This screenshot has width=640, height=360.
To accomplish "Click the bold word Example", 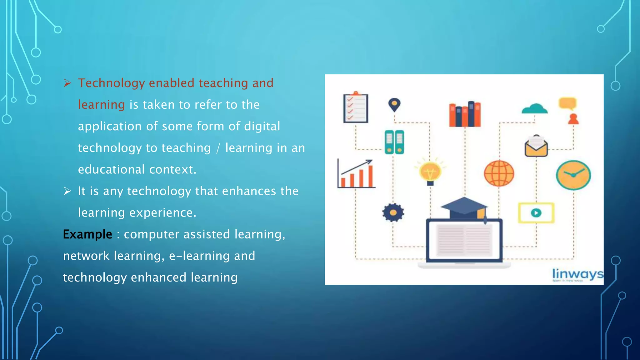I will pos(87,234).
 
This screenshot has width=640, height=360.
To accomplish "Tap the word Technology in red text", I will pos(111,83).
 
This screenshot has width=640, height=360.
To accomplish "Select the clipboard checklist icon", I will pos(356,108).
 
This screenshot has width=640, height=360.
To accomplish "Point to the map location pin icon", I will pos(394,105).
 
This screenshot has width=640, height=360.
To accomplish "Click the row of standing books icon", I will pos(465,114).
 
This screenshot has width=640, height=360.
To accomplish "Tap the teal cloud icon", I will pos(534,109).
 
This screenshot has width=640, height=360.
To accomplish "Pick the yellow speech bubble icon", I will pos(567,103).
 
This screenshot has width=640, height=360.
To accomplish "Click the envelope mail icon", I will pos(536,146).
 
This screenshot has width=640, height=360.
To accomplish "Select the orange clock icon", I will pos(573,175).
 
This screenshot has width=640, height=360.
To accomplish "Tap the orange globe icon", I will pos(499,173).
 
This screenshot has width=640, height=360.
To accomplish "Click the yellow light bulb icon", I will pos(430,172).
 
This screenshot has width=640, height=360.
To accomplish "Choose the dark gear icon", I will pos(393,212).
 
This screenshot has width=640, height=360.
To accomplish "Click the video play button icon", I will pos(536,213).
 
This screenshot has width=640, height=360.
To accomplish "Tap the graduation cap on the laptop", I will pos(464,207).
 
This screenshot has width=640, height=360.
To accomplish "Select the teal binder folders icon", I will pos(394,142).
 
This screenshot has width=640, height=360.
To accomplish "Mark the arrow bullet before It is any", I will pos(67,191).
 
